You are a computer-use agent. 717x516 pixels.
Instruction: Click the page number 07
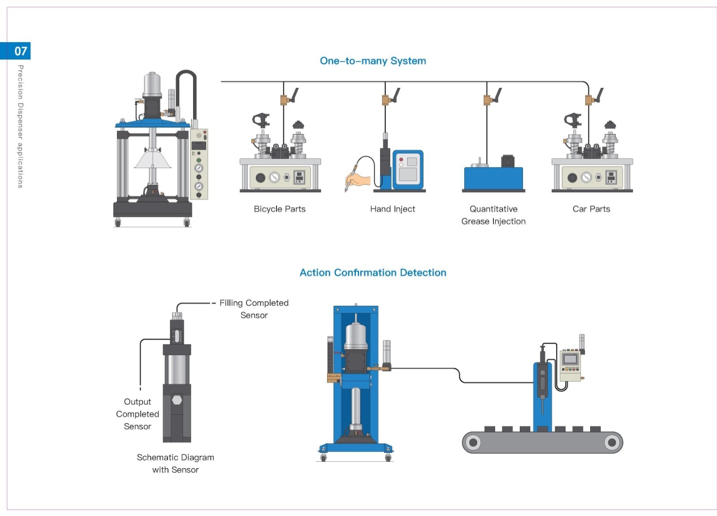[21, 51]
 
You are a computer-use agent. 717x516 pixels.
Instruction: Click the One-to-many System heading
[373, 61]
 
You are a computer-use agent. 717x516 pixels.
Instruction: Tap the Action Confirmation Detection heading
[373, 273]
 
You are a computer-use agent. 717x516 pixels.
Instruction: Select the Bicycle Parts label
[280, 209]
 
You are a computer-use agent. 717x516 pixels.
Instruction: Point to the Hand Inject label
[393, 209]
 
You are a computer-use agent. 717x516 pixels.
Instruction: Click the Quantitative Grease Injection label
[493, 215]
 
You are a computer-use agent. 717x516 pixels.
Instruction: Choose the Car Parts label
[591, 209]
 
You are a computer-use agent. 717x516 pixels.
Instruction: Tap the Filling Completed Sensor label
[254, 309]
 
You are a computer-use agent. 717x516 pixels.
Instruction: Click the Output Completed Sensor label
[138, 414]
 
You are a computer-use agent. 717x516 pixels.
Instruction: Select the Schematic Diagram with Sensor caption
[175, 463]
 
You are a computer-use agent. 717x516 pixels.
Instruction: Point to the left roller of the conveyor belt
[473, 443]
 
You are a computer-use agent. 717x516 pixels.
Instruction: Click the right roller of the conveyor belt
[612, 443]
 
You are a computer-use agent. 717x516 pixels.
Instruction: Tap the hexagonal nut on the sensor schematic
[177, 400]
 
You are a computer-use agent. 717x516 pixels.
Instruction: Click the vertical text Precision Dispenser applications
[20, 126]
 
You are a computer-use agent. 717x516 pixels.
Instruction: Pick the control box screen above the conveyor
[570, 359]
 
